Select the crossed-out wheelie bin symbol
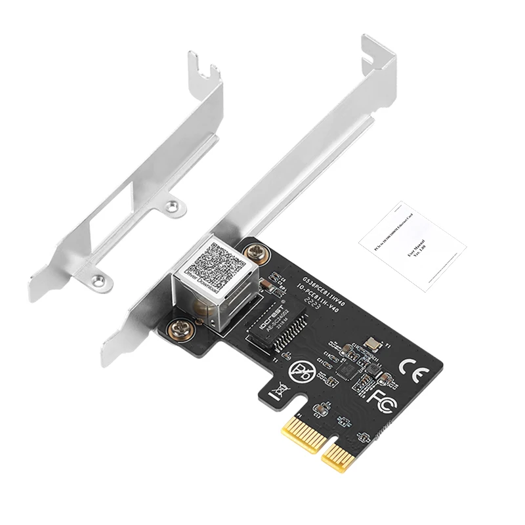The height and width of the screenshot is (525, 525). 278,391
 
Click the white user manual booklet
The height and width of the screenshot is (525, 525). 412,243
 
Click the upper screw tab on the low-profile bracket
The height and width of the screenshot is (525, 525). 173,205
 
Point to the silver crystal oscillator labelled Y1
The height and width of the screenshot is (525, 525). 374,342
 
